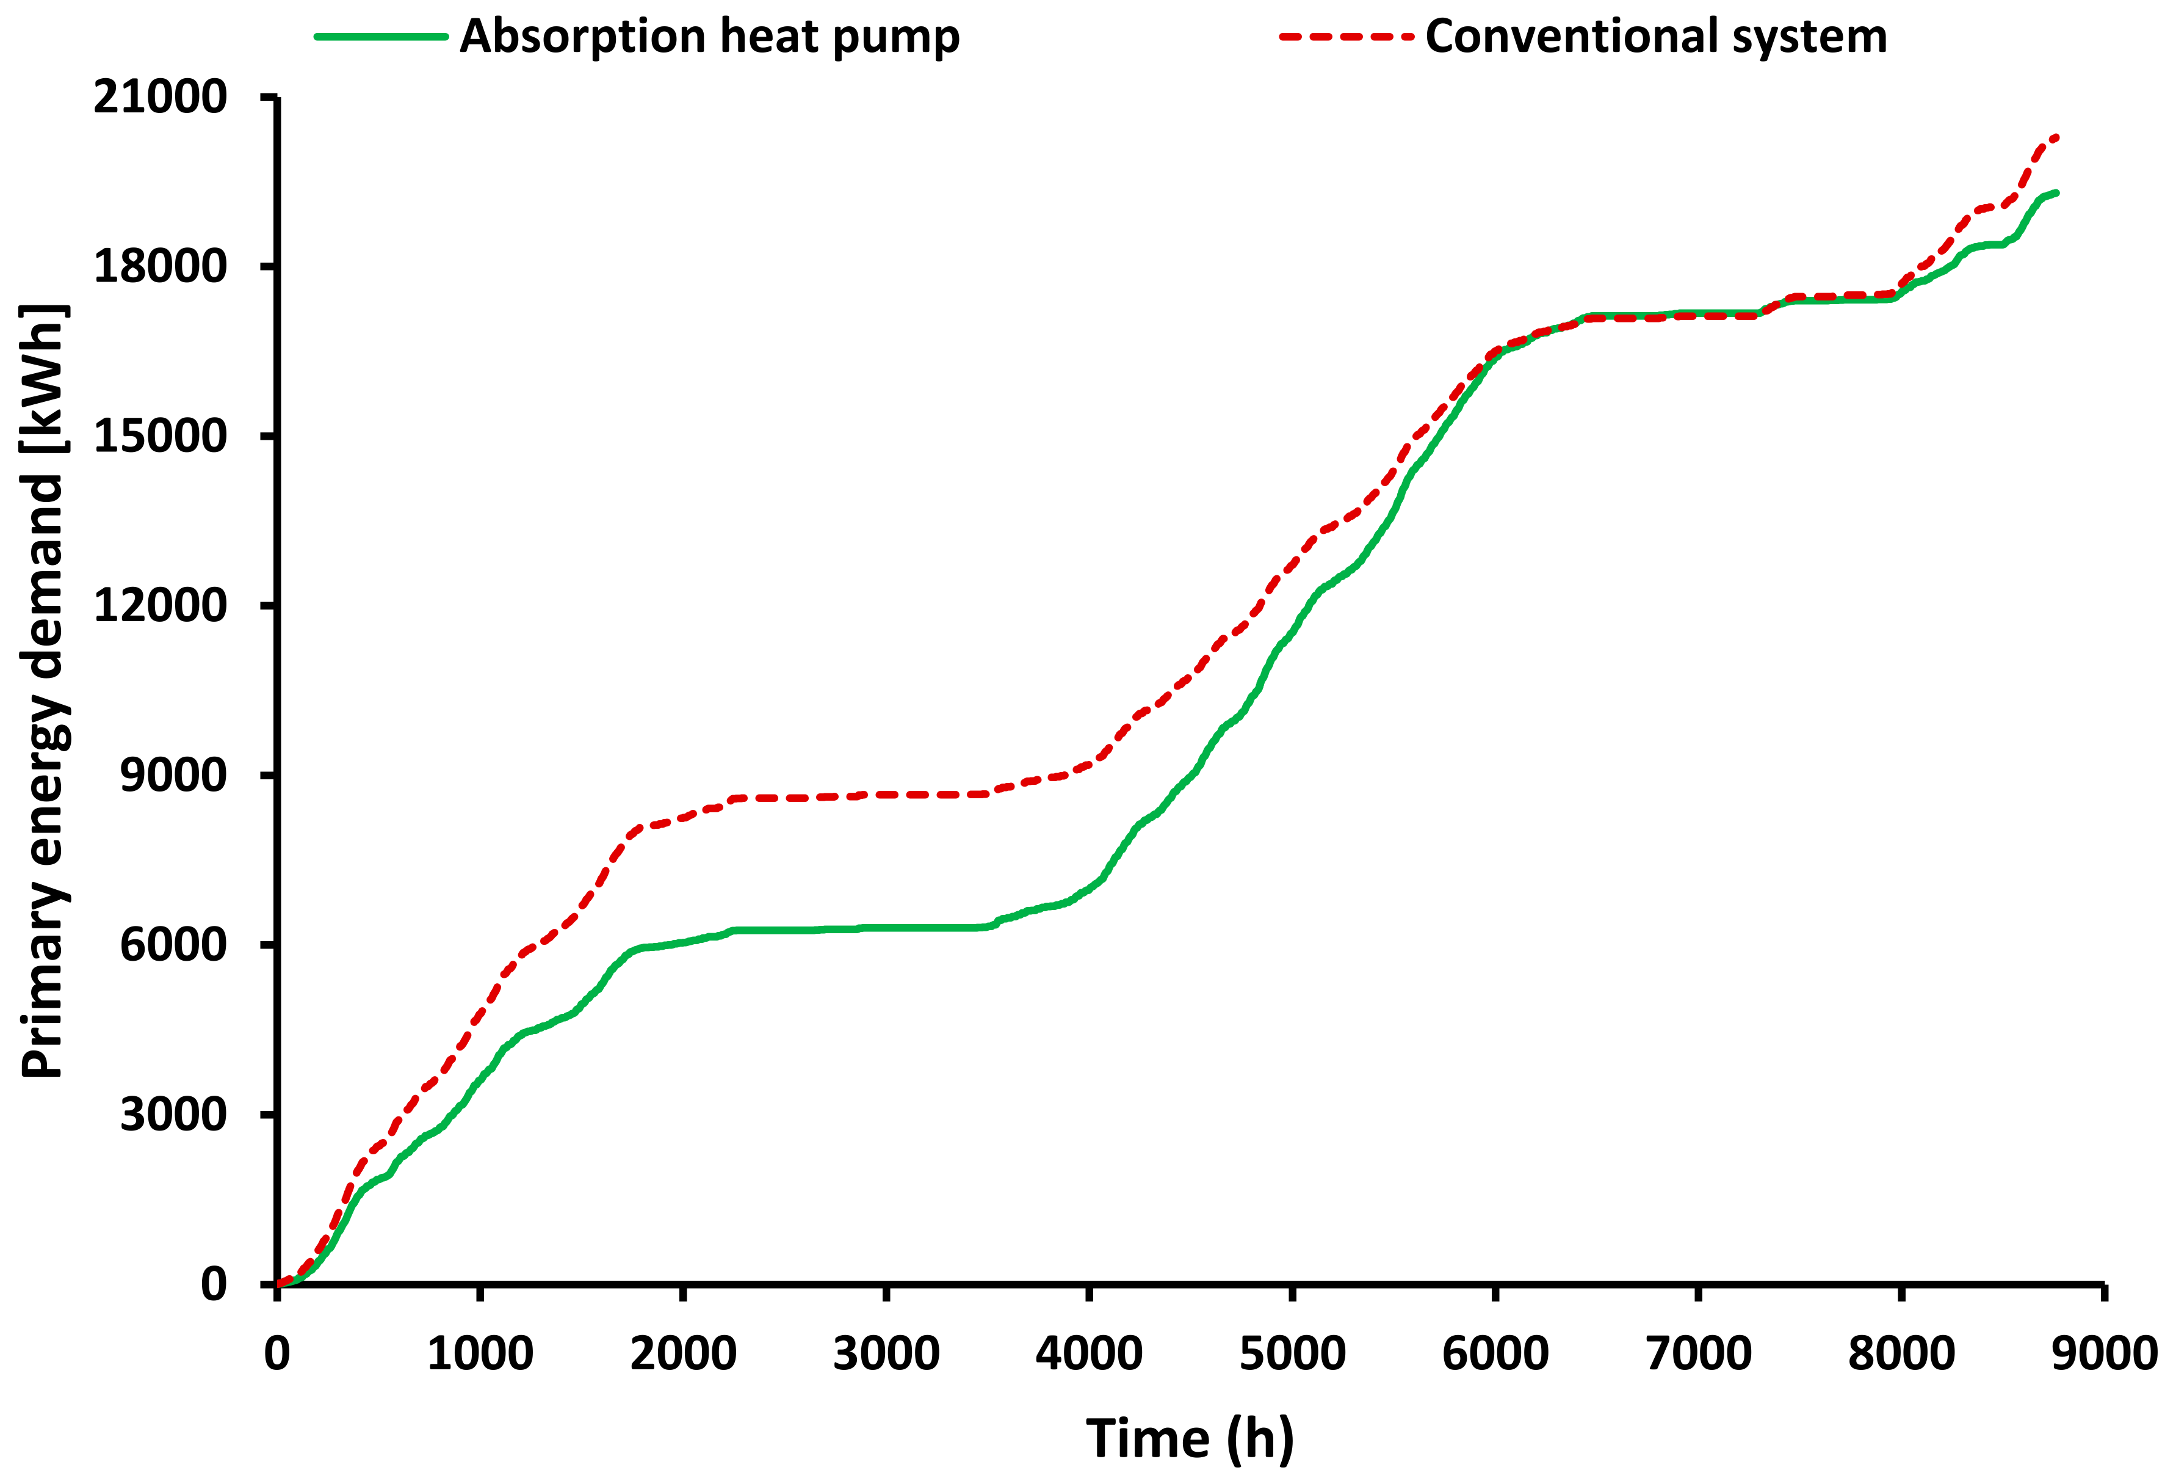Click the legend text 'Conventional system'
(x=1655, y=37)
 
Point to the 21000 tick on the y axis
(x=160, y=97)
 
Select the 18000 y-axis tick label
(x=160, y=267)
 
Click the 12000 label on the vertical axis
(x=160, y=606)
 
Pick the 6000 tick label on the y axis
(x=173, y=944)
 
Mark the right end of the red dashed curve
(x=2056, y=137)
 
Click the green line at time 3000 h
(x=886, y=928)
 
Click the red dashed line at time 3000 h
(x=886, y=794)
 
